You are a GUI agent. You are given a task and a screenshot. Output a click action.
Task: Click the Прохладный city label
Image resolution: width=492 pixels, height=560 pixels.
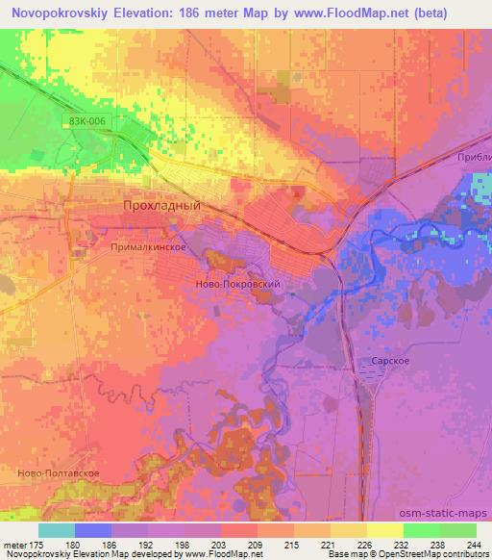[162, 206]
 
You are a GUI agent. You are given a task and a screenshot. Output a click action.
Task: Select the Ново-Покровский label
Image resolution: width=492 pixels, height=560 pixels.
[237, 286]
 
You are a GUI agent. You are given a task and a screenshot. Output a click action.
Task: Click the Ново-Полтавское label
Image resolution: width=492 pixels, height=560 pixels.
[54, 473]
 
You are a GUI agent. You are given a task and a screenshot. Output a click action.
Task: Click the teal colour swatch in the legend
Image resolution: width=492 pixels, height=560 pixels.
[57, 530]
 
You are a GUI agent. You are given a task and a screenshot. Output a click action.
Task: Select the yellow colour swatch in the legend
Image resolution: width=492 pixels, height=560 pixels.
[384, 530]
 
